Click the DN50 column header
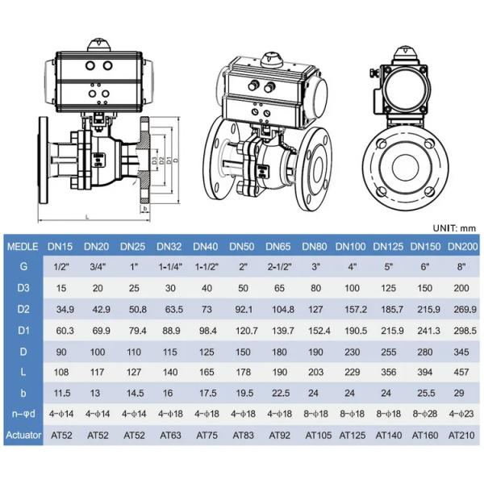click(x=242, y=246)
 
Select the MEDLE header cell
click(x=23, y=247)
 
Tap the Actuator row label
click(x=23, y=435)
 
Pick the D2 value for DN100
click(x=356, y=309)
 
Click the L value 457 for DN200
click(x=461, y=372)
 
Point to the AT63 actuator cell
click(x=170, y=436)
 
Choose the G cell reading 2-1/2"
click(x=280, y=266)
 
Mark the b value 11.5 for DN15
click(x=62, y=393)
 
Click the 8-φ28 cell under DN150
click(x=425, y=414)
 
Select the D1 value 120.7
click(x=247, y=331)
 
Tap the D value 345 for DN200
click(x=461, y=352)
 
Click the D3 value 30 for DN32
click(x=170, y=288)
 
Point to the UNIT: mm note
click(x=454, y=228)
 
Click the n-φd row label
click(x=23, y=414)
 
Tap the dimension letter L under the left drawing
click(x=87, y=217)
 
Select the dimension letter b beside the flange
click(x=145, y=209)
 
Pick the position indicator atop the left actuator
click(x=99, y=45)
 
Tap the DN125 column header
click(x=388, y=246)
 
